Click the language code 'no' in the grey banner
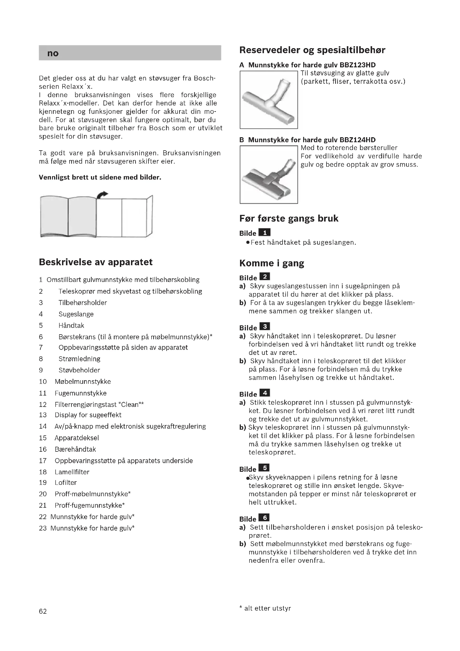click(x=53, y=53)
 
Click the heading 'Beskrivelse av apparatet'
click(x=95, y=262)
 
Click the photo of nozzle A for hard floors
click(x=269, y=100)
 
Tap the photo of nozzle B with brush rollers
click(x=269, y=175)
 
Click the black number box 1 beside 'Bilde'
click(x=264, y=232)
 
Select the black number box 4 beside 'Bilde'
click(x=264, y=393)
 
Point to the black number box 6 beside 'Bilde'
click(x=264, y=518)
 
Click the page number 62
click(x=43, y=611)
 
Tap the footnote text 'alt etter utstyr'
click(x=267, y=608)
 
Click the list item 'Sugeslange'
click(x=76, y=314)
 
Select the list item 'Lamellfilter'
click(x=72, y=472)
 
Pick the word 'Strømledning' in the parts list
click(x=79, y=359)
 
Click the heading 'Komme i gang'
click(x=272, y=263)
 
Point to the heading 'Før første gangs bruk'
click(x=289, y=218)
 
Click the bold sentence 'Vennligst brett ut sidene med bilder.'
click(x=100, y=178)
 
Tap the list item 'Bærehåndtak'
click(x=75, y=449)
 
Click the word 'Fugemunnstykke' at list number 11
click(x=80, y=393)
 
